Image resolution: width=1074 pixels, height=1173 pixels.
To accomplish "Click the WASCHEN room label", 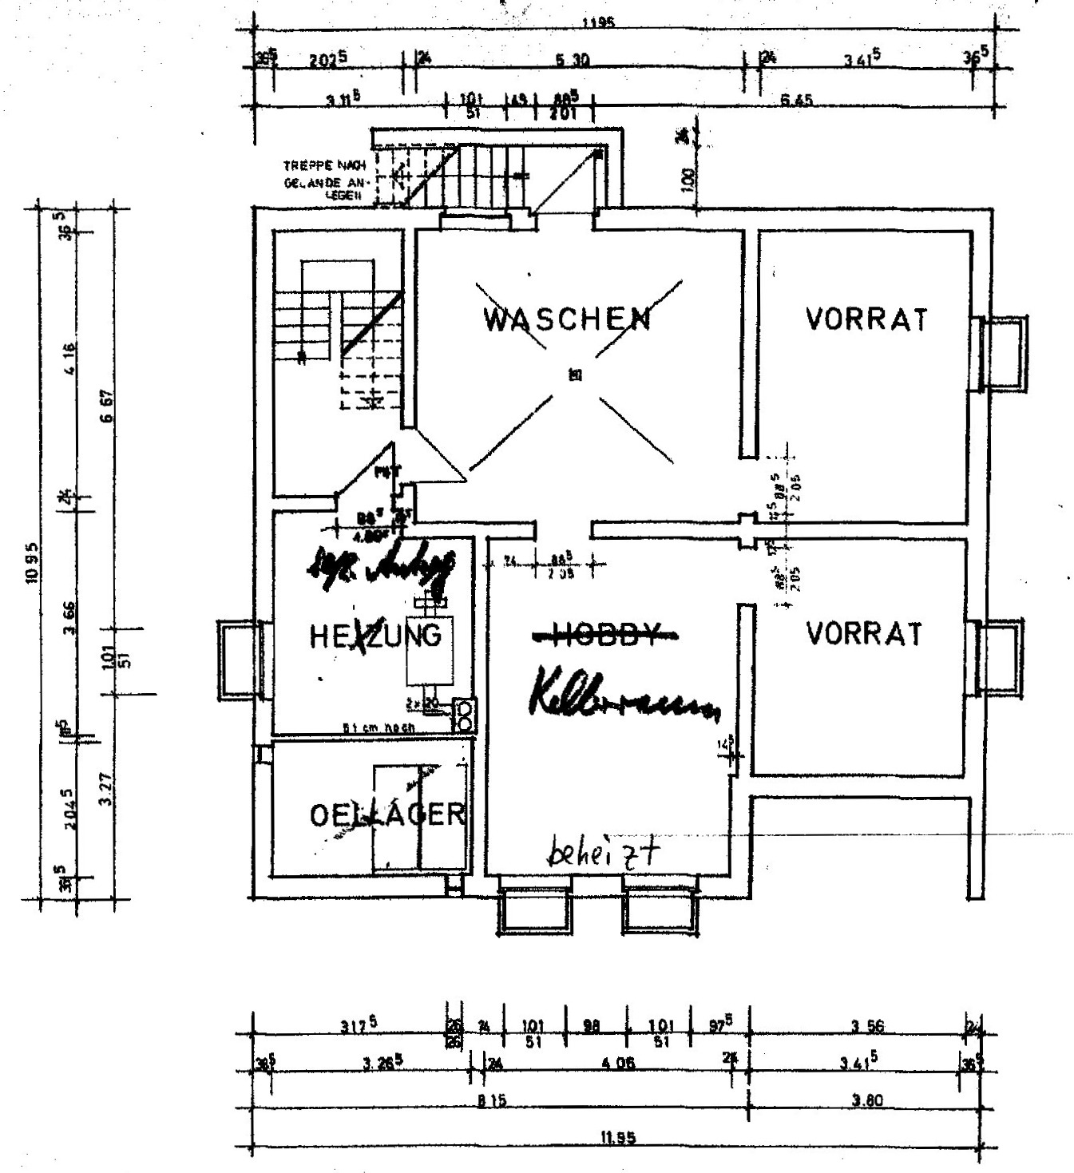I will (x=567, y=319).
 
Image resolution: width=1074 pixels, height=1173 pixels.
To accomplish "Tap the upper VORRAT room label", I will (x=867, y=319).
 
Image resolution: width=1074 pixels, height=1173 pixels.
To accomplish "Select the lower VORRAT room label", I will (x=864, y=635).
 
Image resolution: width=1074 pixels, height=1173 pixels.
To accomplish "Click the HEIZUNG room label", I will (x=375, y=636).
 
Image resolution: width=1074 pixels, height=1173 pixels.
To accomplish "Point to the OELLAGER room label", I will (x=387, y=814).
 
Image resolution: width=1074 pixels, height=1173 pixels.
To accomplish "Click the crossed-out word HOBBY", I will (x=607, y=634).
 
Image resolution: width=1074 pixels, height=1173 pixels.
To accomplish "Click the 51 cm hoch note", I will (x=375, y=728).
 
